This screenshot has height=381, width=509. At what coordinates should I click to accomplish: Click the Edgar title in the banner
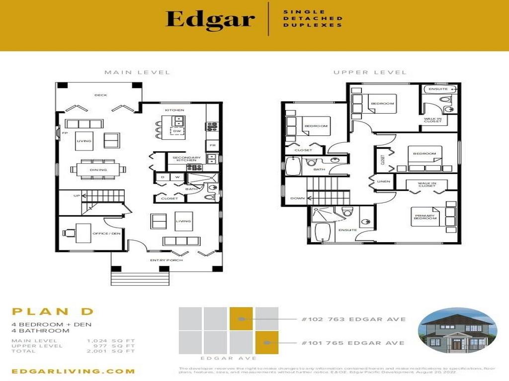(x=210, y=19)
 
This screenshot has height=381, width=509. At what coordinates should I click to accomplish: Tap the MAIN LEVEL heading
(x=137, y=72)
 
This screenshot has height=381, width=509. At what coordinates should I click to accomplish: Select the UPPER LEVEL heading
(x=370, y=72)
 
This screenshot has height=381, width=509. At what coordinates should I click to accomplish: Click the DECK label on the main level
(x=101, y=95)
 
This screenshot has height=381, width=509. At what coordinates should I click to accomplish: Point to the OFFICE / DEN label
(x=110, y=233)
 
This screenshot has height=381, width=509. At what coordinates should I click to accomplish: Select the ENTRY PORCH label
(x=167, y=260)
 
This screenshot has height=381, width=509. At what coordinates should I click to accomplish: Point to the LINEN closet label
(x=384, y=182)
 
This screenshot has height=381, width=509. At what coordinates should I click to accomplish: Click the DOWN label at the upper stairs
(x=297, y=198)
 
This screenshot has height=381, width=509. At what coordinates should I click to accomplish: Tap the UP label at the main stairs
(x=77, y=196)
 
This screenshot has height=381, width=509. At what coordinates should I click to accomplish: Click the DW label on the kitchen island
(x=176, y=131)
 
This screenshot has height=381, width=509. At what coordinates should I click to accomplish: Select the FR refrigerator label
(x=213, y=146)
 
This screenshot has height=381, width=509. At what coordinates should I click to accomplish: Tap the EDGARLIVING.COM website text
(x=73, y=371)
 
